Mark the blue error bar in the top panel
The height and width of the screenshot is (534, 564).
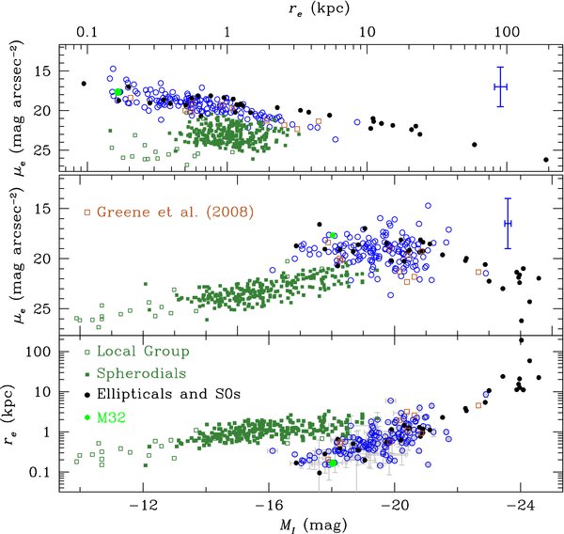pos(500,86)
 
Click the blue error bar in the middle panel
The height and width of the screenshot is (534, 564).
pos(508,223)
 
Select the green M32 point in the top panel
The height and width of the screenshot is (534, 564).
pos(118,92)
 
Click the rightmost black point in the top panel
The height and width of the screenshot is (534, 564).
pos(546,160)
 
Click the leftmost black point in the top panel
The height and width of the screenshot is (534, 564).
pos(84,84)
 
